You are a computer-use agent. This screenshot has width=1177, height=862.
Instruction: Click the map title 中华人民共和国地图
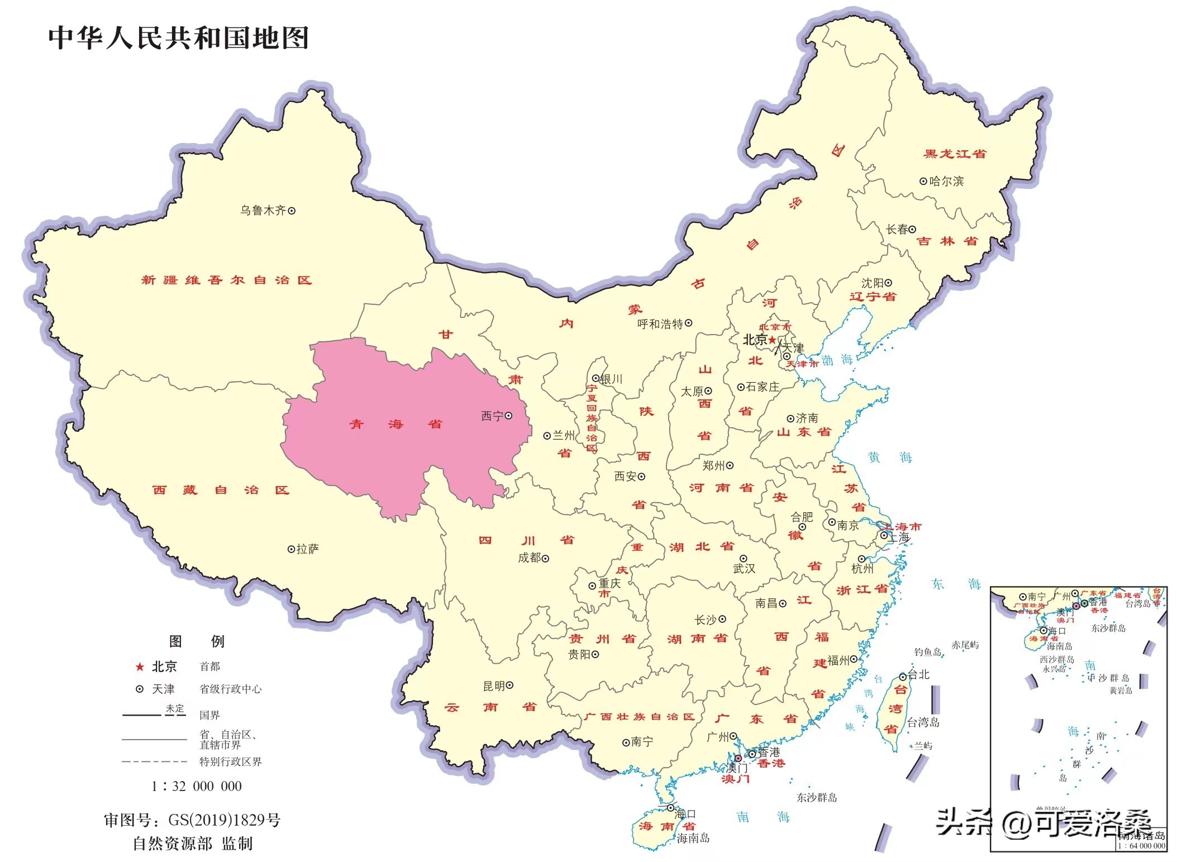[x=178, y=38]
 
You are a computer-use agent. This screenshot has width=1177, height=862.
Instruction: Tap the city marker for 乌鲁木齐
[x=292, y=211]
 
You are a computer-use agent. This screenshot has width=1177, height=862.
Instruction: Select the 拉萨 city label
[x=308, y=549]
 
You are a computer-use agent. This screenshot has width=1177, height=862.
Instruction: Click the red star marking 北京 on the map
[x=772, y=340]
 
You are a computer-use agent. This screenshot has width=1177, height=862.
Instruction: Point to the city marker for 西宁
[x=508, y=416]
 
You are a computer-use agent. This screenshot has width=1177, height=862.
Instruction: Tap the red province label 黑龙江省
[x=955, y=154]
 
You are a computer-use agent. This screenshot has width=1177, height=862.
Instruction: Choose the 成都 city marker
[x=546, y=558]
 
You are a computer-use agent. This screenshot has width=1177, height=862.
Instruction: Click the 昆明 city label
[x=494, y=685]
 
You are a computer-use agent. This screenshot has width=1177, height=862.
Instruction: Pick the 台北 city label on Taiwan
[x=918, y=674]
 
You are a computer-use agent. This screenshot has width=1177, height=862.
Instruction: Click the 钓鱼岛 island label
[x=927, y=652]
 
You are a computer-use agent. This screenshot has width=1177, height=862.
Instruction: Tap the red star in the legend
[x=140, y=666]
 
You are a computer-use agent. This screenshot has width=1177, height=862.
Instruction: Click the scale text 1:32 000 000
[x=197, y=786]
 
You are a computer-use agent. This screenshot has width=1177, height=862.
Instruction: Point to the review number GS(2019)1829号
[x=224, y=820]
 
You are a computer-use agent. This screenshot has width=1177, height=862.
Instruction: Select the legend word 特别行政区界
[x=230, y=761]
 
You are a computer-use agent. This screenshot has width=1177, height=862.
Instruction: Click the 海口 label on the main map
[x=685, y=814]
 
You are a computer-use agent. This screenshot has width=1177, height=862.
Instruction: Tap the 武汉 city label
[x=744, y=568]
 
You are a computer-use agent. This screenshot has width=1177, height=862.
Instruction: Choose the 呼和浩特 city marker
[x=689, y=323]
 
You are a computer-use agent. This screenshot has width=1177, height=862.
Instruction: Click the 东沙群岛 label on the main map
[x=816, y=798]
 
